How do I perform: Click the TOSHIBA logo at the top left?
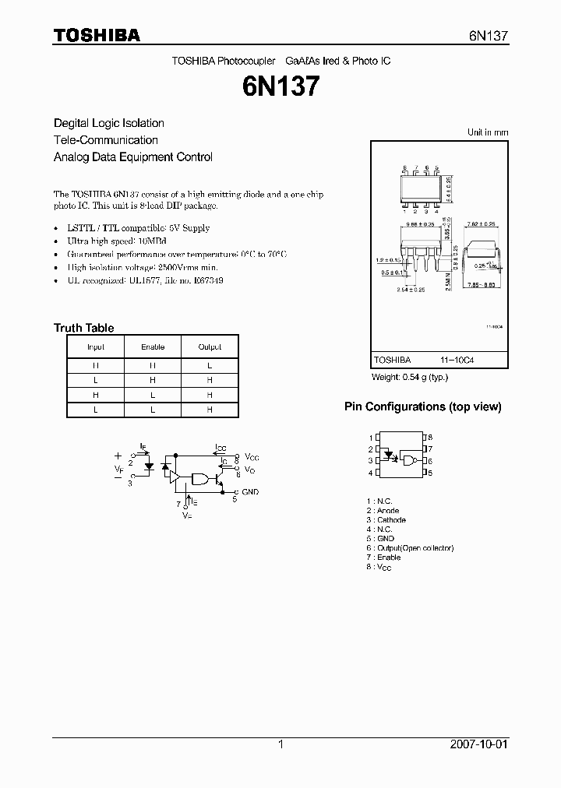click(97, 35)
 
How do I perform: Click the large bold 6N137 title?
click(281, 86)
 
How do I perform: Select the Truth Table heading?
click(83, 328)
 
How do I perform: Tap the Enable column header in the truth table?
click(153, 347)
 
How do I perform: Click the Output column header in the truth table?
click(210, 347)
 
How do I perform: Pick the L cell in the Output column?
click(210, 365)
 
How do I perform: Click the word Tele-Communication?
click(105, 140)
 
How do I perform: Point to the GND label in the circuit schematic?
click(250, 492)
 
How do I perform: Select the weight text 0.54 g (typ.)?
click(409, 377)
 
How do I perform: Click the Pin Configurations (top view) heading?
click(422, 406)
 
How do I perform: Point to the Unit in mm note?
click(488, 132)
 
